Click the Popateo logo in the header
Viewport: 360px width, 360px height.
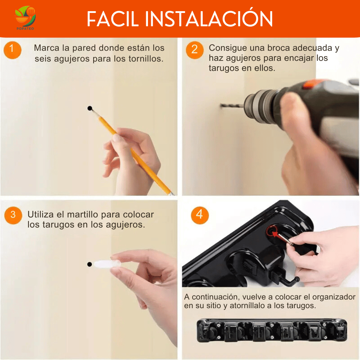click(25, 18)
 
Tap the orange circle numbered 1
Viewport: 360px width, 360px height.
click(12, 50)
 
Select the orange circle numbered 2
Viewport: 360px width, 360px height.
click(195, 50)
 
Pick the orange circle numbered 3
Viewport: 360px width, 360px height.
click(13, 215)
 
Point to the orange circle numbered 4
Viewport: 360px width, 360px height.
click(200, 215)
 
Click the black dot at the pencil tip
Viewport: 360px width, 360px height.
click(90, 108)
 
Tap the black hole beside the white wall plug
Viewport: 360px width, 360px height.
click(90, 264)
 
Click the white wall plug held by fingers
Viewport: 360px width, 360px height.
click(107, 264)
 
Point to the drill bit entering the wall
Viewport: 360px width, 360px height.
click(232, 106)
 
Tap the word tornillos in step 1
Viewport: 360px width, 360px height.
click(145, 59)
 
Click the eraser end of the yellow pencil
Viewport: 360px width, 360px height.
click(171, 194)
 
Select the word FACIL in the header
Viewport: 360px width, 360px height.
click(113, 19)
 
